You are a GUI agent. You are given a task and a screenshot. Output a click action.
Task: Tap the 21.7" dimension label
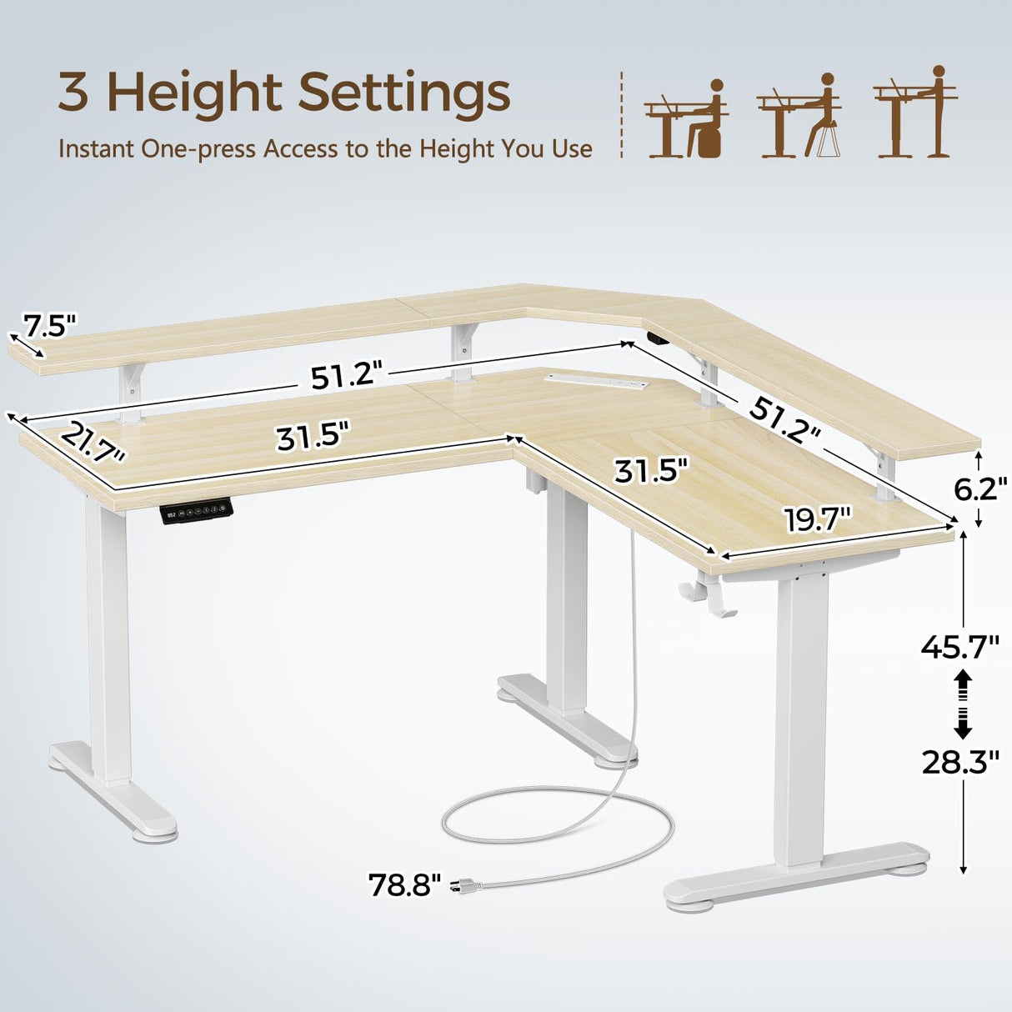[92, 443]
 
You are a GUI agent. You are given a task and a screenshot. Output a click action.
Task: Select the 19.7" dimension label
[817, 521]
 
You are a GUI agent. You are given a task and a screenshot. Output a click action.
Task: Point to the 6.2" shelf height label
[981, 488]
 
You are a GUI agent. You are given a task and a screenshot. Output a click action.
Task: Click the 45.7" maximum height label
[960, 646]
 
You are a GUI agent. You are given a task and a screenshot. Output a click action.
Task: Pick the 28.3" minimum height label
[960, 761]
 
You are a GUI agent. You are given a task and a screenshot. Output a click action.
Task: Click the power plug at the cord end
[460, 886]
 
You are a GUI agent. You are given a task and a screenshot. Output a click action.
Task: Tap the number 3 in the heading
[73, 93]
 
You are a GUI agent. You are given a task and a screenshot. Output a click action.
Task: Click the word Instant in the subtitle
[96, 149]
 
